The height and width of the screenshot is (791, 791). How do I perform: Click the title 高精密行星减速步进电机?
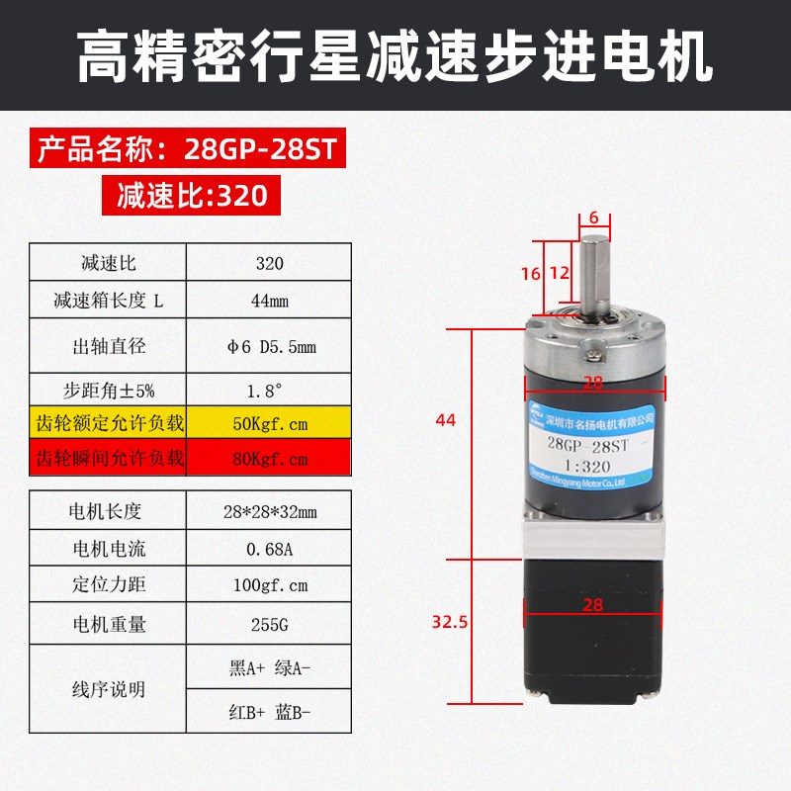click(395, 56)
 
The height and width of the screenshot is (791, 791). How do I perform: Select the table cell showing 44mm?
click(269, 302)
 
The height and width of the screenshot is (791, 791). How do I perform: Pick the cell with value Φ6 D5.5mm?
click(269, 346)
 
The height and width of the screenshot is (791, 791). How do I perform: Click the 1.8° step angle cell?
click(269, 389)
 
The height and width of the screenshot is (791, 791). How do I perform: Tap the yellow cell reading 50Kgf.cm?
click(269, 424)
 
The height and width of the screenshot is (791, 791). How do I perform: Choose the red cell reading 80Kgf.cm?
click(269, 459)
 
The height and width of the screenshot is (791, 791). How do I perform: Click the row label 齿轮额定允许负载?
click(110, 424)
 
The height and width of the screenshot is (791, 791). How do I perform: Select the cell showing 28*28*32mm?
click(269, 511)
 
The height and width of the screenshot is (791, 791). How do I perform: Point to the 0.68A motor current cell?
click(269, 549)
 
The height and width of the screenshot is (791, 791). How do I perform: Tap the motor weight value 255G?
click(269, 624)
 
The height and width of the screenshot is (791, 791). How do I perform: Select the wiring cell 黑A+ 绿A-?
click(269, 668)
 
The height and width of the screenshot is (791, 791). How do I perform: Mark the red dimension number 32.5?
click(449, 622)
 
